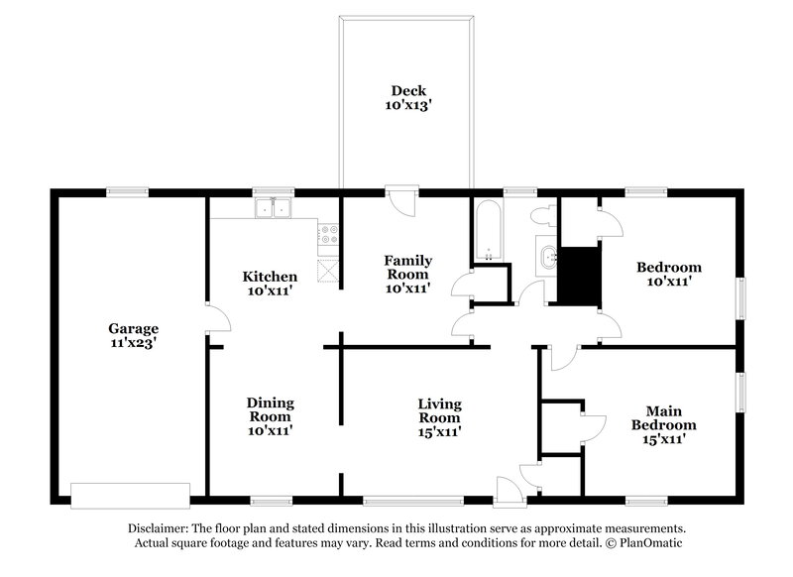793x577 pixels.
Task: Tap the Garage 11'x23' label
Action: tap(134, 335)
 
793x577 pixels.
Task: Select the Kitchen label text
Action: tap(270, 277)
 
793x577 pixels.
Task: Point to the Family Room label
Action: tap(407, 267)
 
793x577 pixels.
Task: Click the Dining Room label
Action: tap(270, 409)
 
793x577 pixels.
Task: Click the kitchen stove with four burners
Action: tap(327, 235)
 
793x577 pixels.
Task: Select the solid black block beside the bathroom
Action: tap(580, 276)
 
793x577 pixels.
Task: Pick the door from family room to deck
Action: tap(400, 198)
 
